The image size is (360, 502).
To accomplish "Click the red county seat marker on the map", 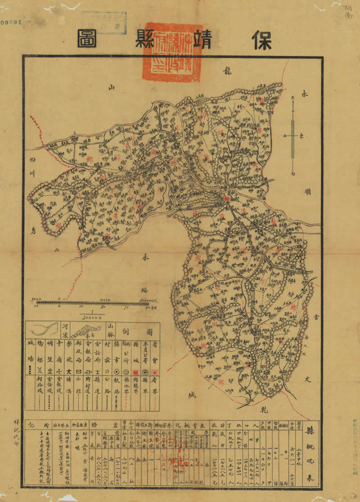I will pos(226,198).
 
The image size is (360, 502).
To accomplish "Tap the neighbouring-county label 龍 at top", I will pos(227,71).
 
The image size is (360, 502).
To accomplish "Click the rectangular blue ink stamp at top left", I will pos(104,23).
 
